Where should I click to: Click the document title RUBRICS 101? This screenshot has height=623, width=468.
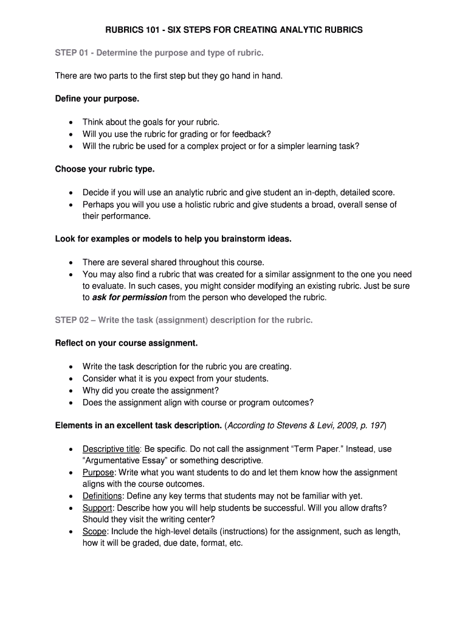pyautogui.click(x=233, y=29)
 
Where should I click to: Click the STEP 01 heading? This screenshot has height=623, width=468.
pyautogui.click(x=160, y=53)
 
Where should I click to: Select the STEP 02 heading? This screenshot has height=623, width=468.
pyautogui.click(x=184, y=320)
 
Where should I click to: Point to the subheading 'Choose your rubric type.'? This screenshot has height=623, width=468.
pyautogui.click(x=105, y=169)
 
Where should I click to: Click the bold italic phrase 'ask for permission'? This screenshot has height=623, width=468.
pyautogui.click(x=129, y=298)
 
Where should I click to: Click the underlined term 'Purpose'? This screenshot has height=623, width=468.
pyautogui.click(x=98, y=473)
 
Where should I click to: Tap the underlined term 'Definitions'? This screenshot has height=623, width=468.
pyautogui.click(x=102, y=496)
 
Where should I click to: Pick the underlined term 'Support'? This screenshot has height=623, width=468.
pyautogui.click(x=97, y=507)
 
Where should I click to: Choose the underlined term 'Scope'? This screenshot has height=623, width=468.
pyautogui.click(x=94, y=531)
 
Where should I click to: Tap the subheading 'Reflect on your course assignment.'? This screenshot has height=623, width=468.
pyautogui.click(x=126, y=343)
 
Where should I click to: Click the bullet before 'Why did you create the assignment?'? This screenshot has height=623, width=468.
pyautogui.click(x=71, y=391)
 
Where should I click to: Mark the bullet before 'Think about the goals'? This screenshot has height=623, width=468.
pyautogui.click(x=71, y=122)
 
